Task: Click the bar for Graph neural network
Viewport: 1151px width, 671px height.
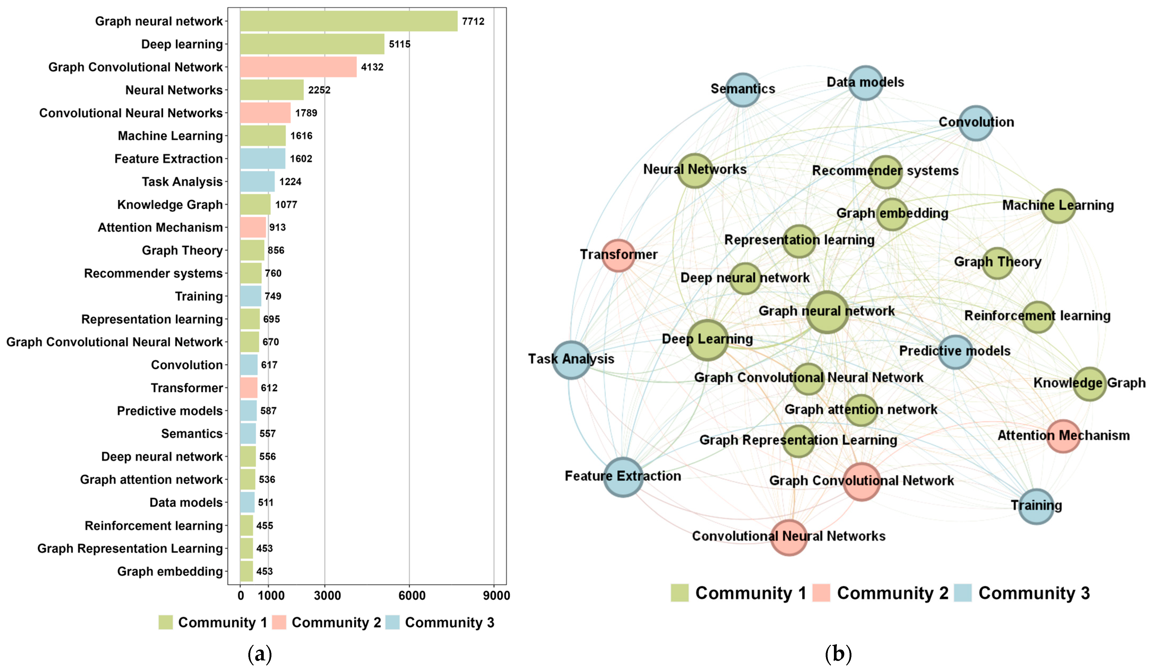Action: (x=348, y=21)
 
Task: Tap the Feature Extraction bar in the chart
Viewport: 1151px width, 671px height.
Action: (x=263, y=158)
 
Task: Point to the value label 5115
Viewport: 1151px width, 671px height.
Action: (x=400, y=44)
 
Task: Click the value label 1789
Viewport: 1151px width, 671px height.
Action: (x=306, y=113)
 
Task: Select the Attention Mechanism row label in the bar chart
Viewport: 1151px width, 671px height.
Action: (x=160, y=227)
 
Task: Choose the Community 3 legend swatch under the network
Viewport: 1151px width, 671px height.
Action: (x=963, y=593)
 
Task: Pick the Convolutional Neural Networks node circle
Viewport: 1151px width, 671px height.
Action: (x=789, y=537)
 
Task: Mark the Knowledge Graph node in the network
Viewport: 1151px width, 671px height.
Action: (x=1090, y=384)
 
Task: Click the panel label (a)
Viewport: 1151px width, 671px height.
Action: (x=259, y=654)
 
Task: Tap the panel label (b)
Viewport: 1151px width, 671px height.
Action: (x=838, y=654)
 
